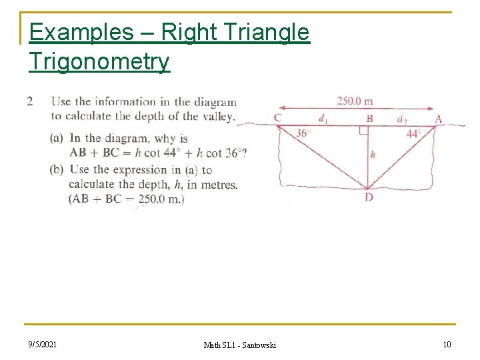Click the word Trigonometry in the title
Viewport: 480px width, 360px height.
tap(99, 61)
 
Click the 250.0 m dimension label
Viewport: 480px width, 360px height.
tap(354, 101)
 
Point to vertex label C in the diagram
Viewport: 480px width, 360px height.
tap(277, 119)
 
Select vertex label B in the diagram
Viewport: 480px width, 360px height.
tap(369, 119)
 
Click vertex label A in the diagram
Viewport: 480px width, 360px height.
tap(438, 119)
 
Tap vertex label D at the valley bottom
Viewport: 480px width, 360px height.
tap(369, 197)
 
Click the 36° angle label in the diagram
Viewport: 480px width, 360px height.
tap(303, 133)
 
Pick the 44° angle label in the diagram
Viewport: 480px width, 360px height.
tap(414, 133)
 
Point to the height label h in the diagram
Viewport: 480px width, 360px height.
tap(372, 155)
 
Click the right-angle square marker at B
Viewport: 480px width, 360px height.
tap(363, 129)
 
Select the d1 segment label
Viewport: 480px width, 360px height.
tap(323, 119)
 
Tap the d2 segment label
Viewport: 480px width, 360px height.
tap(402, 119)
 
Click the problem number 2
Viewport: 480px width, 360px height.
tap(30, 102)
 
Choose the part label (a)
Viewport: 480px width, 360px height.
tap(57, 139)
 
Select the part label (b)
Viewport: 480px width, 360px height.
tap(57, 169)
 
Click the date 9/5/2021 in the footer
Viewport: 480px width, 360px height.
tap(42, 344)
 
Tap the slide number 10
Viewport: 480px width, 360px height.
tap(447, 344)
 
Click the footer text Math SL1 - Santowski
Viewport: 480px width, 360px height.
tap(239, 345)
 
